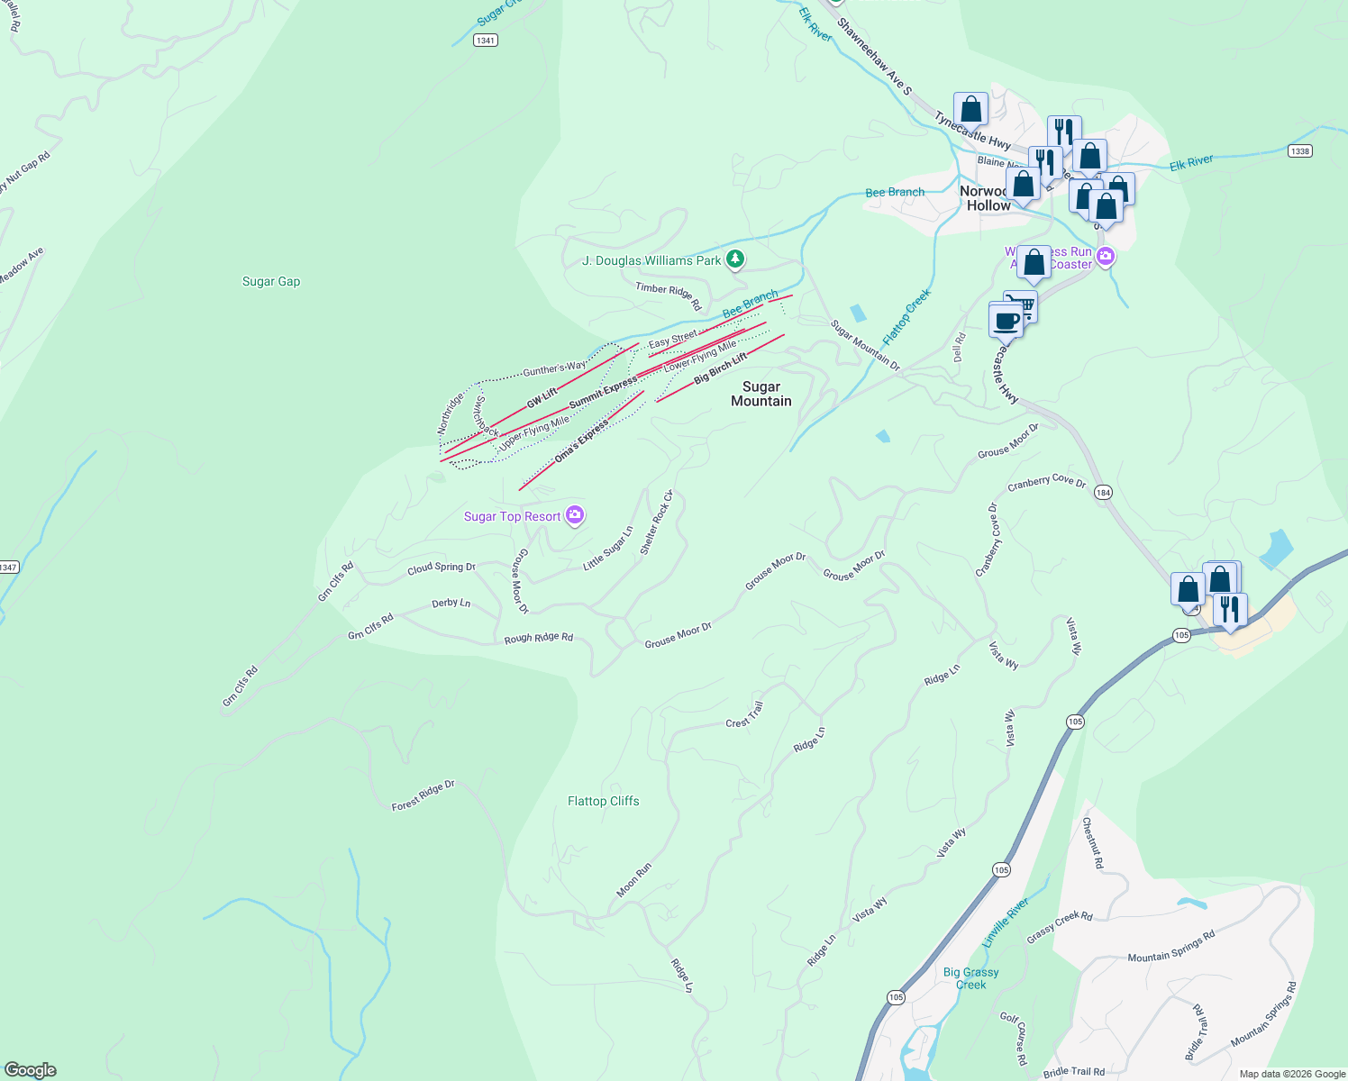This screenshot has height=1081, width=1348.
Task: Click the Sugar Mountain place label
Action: [x=761, y=394]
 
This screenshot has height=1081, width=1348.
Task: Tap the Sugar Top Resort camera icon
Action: [x=575, y=515]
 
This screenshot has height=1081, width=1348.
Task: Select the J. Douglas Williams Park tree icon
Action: [x=735, y=259]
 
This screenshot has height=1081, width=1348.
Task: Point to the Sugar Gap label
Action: [x=271, y=281]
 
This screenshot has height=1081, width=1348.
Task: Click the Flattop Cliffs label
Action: [x=603, y=801]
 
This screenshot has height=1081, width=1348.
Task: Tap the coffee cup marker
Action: [x=1006, y=320]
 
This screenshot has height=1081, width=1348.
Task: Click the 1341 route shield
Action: [x=486, y=41]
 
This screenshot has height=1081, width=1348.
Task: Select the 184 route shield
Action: [x=1104, y=493]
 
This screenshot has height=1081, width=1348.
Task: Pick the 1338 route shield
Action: [x=1299, y=150]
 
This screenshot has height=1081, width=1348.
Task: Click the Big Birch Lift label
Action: [x=720, y=369]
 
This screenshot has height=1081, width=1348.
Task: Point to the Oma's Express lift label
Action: [x=581, y=442]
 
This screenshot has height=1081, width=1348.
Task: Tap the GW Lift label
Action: [x=542, y=398]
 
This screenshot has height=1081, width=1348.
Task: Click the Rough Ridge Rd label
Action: [x=538, y=638]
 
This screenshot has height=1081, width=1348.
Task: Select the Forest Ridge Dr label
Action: [x=423, y=795]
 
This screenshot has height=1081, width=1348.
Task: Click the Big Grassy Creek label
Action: [x=970, y=978]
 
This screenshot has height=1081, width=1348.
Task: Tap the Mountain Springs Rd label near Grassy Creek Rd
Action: [x=1171, y=946]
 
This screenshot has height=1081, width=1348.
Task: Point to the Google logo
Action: [x=31, y=1070]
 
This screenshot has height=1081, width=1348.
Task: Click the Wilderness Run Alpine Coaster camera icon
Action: [x=1106, y=257]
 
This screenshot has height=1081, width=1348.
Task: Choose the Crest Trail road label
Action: [x=744, y=715]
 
